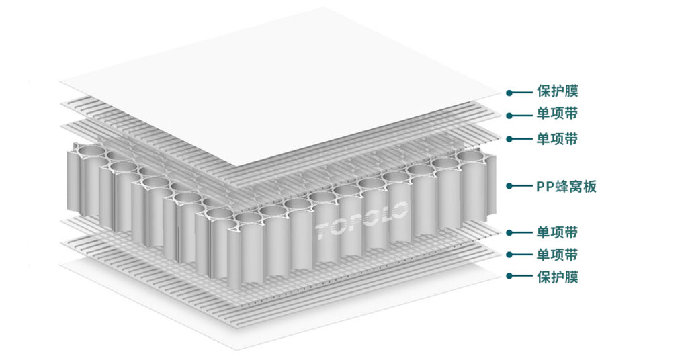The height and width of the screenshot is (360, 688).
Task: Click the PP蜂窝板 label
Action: pyautogui.click(x=566, y=186)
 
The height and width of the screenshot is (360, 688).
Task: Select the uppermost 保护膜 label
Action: pyautogui.click(x=557, y=92)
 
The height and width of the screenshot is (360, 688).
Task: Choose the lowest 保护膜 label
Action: pyautogui.click(x=557, y=276)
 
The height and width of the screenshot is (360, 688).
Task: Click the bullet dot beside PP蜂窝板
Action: pyautogui.click(x=510, y=186)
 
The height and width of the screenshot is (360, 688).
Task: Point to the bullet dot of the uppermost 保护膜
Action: pyautogui.click(x=510, y=93)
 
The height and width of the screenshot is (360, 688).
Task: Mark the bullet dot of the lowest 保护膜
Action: pyautogui.click(x=510, y=276)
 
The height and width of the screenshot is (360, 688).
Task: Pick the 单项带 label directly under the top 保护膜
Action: pyautogui.click(x=557, y=114)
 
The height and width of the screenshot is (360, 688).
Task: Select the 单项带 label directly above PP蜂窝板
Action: pyautogui.click(x=557, y=139)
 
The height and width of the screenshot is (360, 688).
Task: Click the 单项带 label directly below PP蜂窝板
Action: pyautogui.click(x=557, y=232)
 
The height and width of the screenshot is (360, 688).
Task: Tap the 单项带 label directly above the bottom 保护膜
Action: pyautogui.click(x=557, y=255)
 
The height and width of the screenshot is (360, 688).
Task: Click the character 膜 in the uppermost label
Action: pyautogui.click(x=571, y=92)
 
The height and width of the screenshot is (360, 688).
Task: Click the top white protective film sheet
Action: pyautogui.click(x=282, y=87)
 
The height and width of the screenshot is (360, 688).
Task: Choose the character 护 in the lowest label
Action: pyautogui.click(x=557, y=276)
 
